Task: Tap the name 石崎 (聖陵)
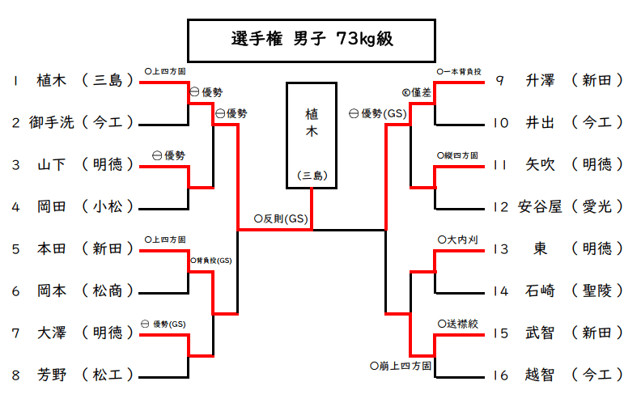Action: pyautogui.click(x=541, y=290)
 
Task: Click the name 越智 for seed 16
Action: pyautogui.click(x=541, y=375)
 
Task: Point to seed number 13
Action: pyautogui.click(x=500, y=248)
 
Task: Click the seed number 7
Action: pyautogui.click(x=16, y=333)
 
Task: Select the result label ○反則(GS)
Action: pyautogui.click(x=281, y=218)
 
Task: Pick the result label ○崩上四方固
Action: pyautogui.click(x=400, y=367)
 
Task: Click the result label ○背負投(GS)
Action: pyautogui.click(x=212, y=261)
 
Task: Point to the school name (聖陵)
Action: pyautogui.click(x=596, y=290)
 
